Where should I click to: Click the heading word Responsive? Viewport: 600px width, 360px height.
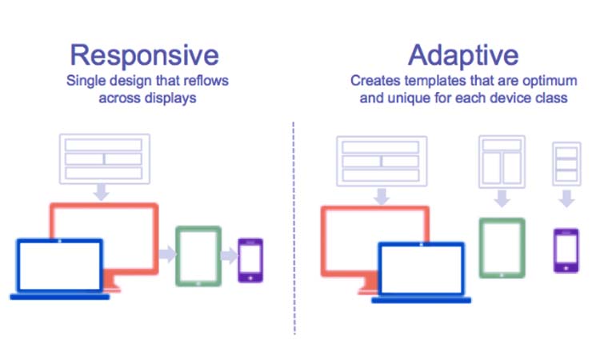[143, 54]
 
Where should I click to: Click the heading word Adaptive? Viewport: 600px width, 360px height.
[463, 54]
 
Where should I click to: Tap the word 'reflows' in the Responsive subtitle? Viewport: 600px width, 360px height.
[194, 82]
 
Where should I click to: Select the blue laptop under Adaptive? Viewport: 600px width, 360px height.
[421, 272]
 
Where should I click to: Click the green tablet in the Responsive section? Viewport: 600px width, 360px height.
[198, 255]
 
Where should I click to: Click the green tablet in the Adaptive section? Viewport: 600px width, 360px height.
[502, 248]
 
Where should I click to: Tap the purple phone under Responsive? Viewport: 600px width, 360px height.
[250, 259]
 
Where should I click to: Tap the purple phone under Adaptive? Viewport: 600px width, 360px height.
[566, 250]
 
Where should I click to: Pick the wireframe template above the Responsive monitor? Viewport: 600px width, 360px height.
[103, 158]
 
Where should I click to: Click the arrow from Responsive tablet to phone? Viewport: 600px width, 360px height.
[228, 257]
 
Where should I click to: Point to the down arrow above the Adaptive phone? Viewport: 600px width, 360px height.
[566, 198]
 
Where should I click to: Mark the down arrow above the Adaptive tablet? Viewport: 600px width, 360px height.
[502, 198]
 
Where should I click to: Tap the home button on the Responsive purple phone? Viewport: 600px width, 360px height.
[250, 277]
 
